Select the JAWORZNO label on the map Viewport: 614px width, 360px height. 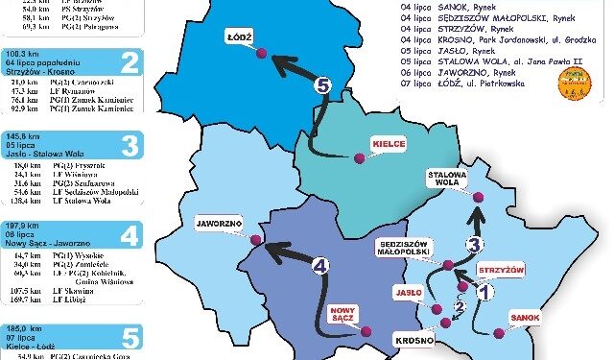click(x=218, y=219)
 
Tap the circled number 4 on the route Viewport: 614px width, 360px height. click(x=320, y=265)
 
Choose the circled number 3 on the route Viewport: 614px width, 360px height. click(x=475, y=245)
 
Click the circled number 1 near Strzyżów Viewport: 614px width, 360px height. click(x=484, y=290)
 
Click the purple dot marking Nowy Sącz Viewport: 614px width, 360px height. click(x=365, y=331)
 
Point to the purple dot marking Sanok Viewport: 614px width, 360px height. click(x=499, y=333)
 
